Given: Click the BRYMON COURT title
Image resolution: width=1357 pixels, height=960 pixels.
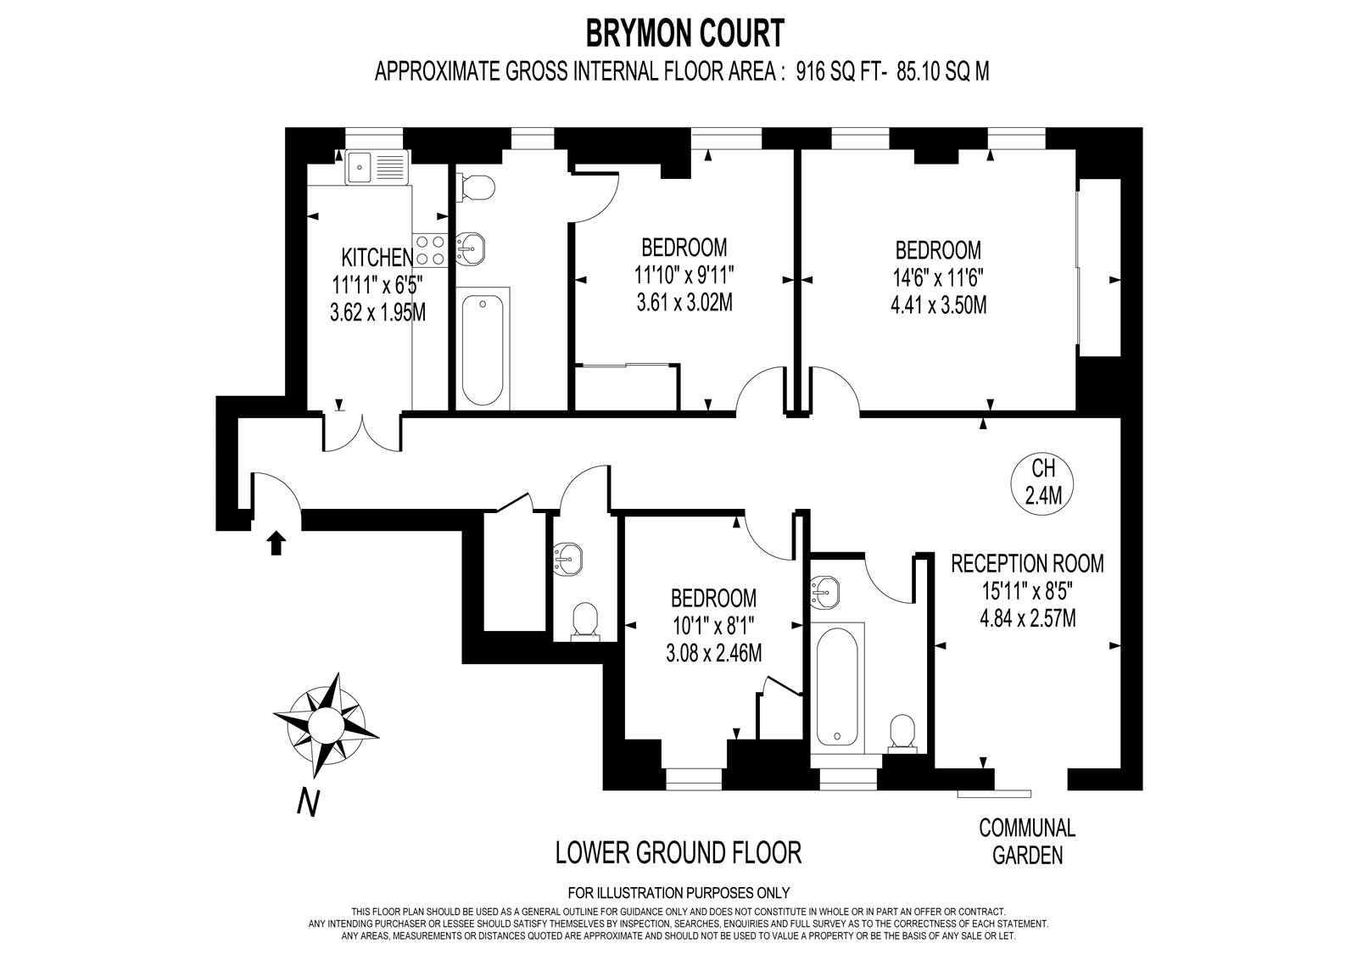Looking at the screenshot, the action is pos(684,33).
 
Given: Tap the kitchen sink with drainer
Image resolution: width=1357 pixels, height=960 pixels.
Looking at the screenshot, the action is pos(377,167).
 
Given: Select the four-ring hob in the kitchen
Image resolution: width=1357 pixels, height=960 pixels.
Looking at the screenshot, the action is pos(429,250).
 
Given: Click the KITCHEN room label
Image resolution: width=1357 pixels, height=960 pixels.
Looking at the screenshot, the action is pos(377,258).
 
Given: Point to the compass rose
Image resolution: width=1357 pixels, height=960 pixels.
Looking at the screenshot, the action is pos(326,724).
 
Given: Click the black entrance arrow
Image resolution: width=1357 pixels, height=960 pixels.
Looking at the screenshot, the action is pos(276,543).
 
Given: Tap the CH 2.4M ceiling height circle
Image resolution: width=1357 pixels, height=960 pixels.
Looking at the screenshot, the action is pos(1043,482).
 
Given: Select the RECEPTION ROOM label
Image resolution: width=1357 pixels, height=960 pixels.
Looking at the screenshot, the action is pos(1027,563).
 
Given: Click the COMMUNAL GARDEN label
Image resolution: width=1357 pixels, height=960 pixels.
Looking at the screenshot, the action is pos(1027,841).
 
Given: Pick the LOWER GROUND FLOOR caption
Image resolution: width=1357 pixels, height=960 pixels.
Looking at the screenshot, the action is pos(678,853).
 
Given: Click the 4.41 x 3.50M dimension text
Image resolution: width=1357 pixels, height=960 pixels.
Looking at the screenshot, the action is pos(938,305).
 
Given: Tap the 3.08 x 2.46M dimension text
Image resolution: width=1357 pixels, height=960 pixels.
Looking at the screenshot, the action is pos(713,654).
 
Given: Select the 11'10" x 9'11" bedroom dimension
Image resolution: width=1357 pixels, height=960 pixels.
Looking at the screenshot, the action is pos(684,276).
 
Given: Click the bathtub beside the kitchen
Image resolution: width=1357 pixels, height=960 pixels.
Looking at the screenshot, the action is pos(483,349).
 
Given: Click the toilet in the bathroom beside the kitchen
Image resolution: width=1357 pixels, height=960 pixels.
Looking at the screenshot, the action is pos(478,187).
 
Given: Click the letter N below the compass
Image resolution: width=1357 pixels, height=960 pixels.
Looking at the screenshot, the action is pos(308,803).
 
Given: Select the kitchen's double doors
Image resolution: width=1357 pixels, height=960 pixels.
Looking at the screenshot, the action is pos(362,432).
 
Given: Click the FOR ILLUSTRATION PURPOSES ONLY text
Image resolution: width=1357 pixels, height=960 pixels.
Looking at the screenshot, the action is pos(678,893).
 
